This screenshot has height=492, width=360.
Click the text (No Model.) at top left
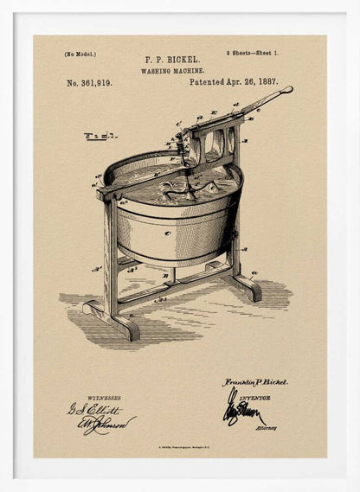point(80,54)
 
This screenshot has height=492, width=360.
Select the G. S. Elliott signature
point(94,409)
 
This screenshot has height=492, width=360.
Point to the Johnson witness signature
point(109,424)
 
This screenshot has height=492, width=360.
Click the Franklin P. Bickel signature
point(255,381)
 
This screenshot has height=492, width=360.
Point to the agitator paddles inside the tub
point(186,184)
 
